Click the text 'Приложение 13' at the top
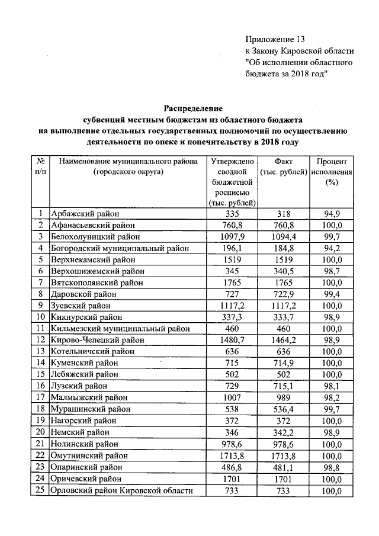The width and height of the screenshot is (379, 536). pyautogui.click(x=275, y=40)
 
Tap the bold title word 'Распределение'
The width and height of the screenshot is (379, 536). pyautogui.click(x=193, y=108)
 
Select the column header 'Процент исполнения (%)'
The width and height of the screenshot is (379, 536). pyautogui.click(x=331, y=172)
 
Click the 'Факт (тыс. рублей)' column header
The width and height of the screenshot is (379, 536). pyautogui.click(x=283, y=166)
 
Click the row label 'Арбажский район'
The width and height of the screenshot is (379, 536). pyautogui.click(x=85, y=214)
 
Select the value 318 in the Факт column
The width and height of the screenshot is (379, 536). pyautogui.click(x=283, y=214)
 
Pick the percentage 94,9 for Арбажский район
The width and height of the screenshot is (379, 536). pyautogui.click(x=331, y=214)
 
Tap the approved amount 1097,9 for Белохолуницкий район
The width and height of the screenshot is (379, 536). pyautogui.click(x=232, y=236)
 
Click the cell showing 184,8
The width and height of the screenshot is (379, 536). pyautogui.click(x=283, y=248)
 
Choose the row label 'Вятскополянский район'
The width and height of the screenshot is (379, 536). pyautogui.click(x=97, y=283)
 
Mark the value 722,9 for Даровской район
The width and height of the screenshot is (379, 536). pyautogui.click(x=283, y=294)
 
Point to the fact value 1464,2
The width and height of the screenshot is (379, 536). pyautogui.click(x=283, y=340)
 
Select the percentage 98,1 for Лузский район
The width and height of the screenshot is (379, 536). pyautogui.click(x=331, y=386)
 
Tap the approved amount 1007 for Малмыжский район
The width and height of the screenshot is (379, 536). pyautogui.click(x=232, y=397)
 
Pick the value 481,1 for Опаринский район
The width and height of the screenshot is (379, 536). pyautogui.click(x=283, y=466)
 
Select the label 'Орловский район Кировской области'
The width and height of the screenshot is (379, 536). pyautogui.click(x=122, y=490)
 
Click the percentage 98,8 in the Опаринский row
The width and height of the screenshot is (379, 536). pyautogui.click(x=331, y=466)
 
